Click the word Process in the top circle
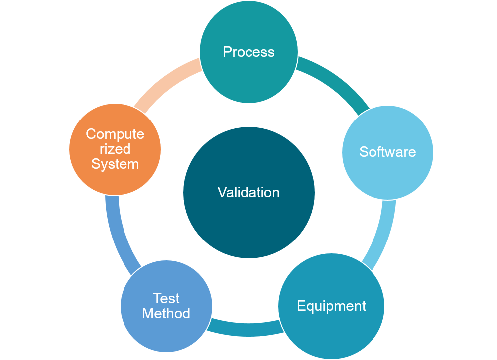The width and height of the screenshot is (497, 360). pyautogui.click(x=248, y=52)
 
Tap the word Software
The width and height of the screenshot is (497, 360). pyautogui.click(x=387, y=152)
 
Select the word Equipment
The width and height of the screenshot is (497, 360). pyautogui.click(x=331, y=306)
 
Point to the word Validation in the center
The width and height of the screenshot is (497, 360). pyautogui.click(x=248, y=192)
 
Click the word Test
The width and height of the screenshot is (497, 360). pyautogui.click(x=166, y=298)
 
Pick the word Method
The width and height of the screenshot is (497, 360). pyautogui.click(x=166, y=313)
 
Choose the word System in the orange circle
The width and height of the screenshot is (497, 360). pyautogui.click(x=115, y=164)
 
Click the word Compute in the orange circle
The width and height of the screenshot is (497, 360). pyautogui.click(x=115, y=134)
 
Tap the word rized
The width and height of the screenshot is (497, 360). pyautogui.click(x=115, y=149)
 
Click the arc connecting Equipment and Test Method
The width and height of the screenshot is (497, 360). pyautogui.click(x=244, y=329)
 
